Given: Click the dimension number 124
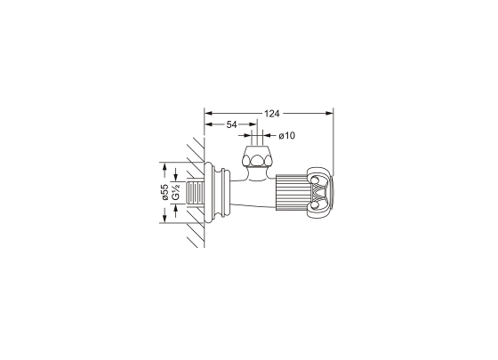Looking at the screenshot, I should click(x=273, y=113).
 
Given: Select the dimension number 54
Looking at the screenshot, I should click(x=231, y=126).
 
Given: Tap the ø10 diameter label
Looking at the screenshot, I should click(x=286, y=136).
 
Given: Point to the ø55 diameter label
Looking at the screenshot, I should click(x=165, y=192).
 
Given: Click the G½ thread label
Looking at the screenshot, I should click(x=176, y=192).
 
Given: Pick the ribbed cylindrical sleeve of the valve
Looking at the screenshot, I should click(x=290, y=193).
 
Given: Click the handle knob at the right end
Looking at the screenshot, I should click(x=320, y=193).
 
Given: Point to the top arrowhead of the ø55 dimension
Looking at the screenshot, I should click(x=165, y=166).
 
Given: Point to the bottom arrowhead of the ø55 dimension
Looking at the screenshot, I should click(x=165, y=220).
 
